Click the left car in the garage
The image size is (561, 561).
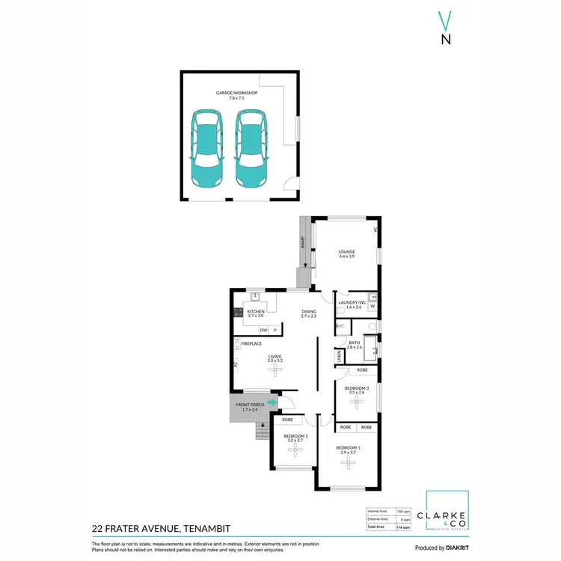click(x=206, y=148)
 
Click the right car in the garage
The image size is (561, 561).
click(x=251, y=148)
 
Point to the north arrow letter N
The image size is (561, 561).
click(x=446, y=40)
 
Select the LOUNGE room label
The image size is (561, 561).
click(x=346, y=252)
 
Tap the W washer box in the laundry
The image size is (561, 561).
click(x=373, y=307)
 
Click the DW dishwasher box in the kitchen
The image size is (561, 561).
click(x=263, y=330)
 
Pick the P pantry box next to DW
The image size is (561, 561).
click(x=275, y=330)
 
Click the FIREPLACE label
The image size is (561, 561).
click(x=251, y=343)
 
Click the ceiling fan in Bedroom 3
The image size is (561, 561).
click(x=357, y=402)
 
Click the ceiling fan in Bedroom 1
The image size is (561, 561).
click(x=347, y=463)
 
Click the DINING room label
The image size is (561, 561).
click(x=309, y=312)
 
